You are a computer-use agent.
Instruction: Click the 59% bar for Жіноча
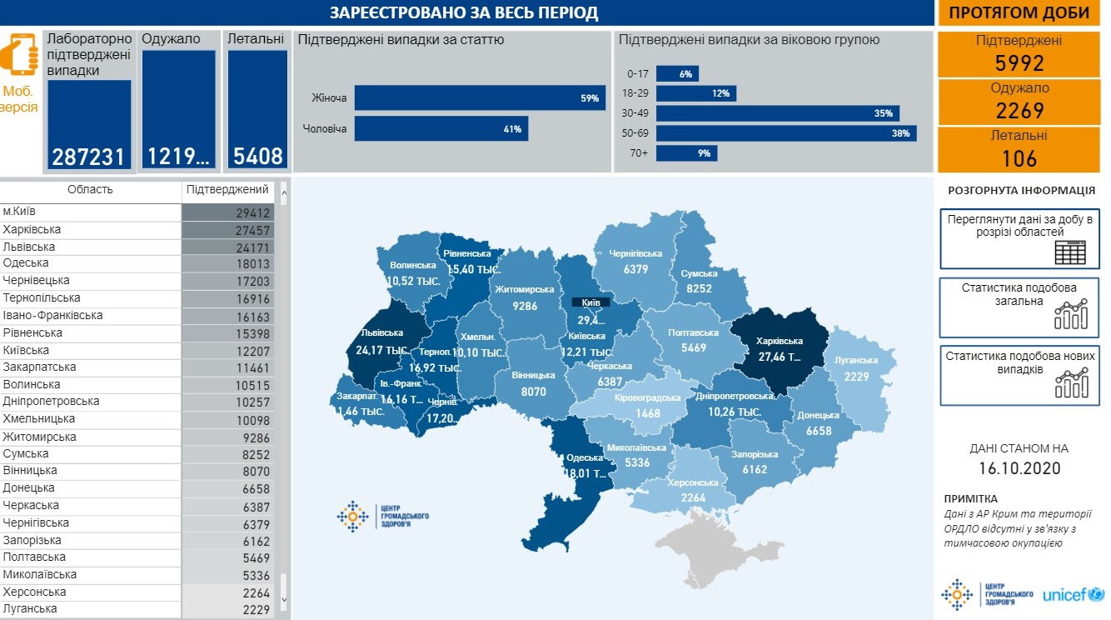pos(479,98)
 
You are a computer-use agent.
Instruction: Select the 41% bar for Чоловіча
pos(441,129)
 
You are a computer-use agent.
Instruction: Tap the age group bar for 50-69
pos(785,133)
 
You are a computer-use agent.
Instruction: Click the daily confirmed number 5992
pos(1019,63)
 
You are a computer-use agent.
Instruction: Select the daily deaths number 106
pos(1019,158)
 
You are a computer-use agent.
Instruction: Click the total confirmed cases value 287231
pos(89,157)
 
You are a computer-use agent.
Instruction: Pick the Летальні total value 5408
pos(257,157)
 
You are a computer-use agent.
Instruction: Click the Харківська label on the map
pos(779,341)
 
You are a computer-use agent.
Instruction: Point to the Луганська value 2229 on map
pos(857,377)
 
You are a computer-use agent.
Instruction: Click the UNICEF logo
pos(1073,595)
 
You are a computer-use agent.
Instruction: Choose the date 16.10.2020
pos(1019,468)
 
